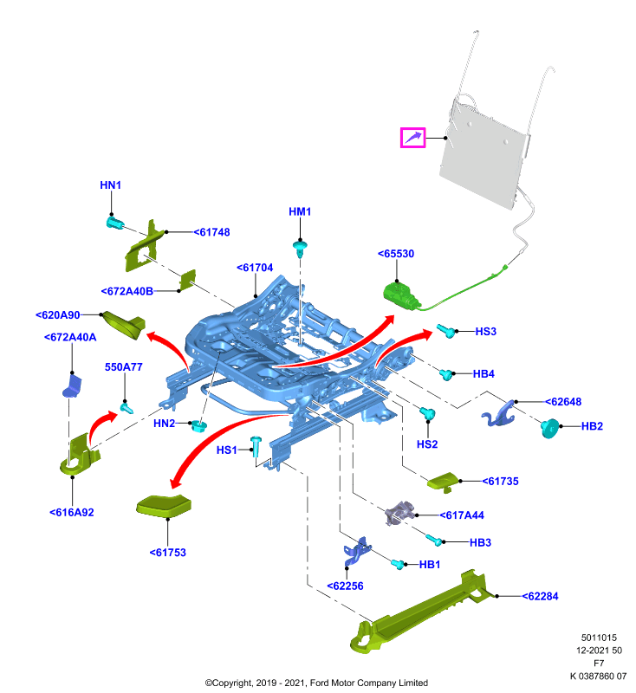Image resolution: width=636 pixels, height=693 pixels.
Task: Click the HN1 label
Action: [111, 185]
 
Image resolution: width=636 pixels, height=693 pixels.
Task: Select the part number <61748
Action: [211, 232]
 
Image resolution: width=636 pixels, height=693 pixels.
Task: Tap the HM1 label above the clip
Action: [300, 211]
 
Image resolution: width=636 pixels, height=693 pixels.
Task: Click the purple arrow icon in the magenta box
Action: [412, 138]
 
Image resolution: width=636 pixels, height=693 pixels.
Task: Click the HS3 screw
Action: [446, 331]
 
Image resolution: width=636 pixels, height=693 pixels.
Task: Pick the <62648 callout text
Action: [563, 402]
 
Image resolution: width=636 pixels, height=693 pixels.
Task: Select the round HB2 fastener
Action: [550, 428]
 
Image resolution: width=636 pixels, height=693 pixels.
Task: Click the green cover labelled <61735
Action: [444, 482]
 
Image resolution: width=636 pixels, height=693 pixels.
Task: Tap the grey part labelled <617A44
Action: [400, 513]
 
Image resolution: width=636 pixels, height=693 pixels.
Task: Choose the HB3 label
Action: [480, 542]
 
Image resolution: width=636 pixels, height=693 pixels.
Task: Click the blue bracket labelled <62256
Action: [356, 552]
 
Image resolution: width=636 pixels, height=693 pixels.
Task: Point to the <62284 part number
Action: [540, 596]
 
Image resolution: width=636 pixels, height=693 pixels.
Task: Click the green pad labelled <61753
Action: [164, 506]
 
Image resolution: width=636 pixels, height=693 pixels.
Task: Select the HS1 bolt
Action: [256, 446]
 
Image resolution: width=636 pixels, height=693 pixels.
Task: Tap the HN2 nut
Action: [198, 426]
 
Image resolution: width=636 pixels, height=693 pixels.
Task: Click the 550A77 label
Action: [123, 366]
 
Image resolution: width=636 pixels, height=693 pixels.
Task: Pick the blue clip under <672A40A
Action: [73, 386]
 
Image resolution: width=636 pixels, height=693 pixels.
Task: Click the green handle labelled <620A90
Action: [123, 326]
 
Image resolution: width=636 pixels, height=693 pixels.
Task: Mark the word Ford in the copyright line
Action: [320, 683]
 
